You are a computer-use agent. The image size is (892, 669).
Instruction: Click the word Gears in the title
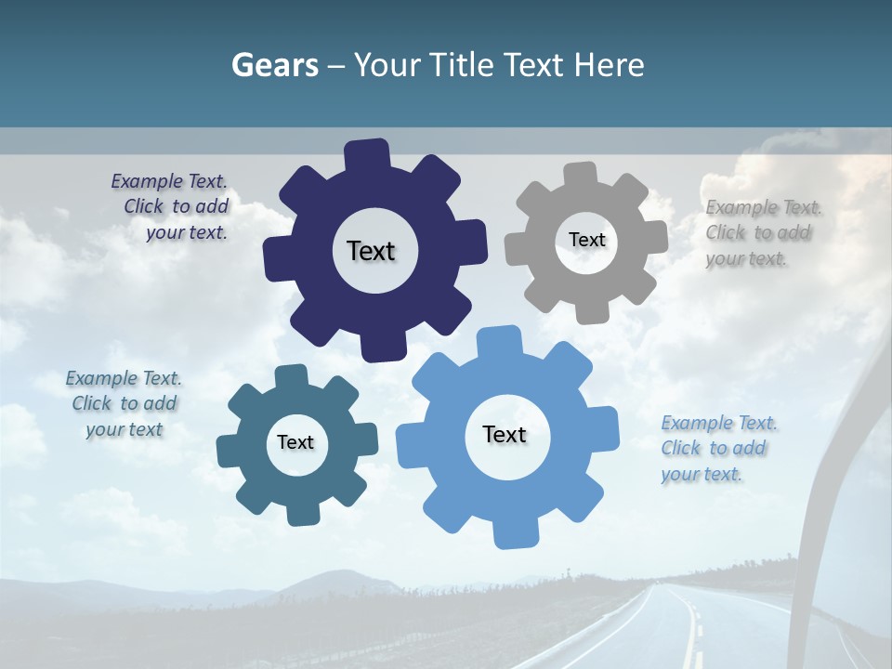274,65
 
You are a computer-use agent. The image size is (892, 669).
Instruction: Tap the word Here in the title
609,65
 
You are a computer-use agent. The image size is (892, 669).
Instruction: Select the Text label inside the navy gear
371,251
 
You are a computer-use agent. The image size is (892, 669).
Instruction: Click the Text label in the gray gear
586,240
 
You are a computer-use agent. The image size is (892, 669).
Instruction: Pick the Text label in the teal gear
295,442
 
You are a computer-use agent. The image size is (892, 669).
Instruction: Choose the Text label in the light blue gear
505,434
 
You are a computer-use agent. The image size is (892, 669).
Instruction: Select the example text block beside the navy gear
172,206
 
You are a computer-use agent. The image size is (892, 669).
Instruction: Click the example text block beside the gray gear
762,232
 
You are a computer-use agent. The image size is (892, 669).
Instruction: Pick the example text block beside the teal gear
124,403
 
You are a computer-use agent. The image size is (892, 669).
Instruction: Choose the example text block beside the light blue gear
717,448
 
